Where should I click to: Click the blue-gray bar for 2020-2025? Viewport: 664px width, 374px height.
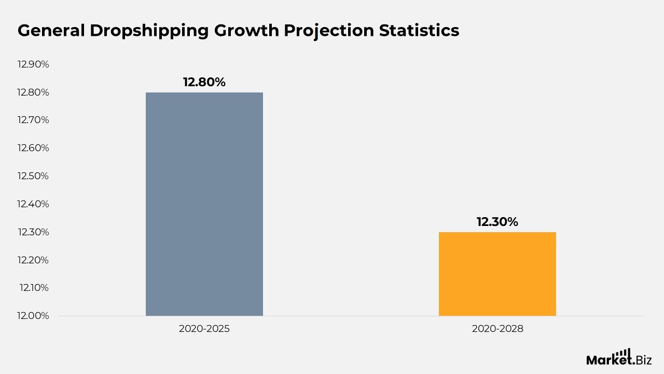[x=204, y=204]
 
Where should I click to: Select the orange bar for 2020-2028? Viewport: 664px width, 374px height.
[x=497, y=274]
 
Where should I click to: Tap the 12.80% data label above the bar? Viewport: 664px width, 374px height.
[x=204, y=82]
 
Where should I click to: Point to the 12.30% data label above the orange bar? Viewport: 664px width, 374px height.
[x=497, y=222]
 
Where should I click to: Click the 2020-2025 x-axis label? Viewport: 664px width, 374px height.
[x=204, y=329]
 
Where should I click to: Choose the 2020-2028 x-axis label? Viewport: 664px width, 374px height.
[x=497, y=329]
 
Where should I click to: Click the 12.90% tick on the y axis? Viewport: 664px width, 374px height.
[x=33, y=64]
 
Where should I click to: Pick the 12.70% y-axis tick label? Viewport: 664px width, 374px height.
[x=33, y=120]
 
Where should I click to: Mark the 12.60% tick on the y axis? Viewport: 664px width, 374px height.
[x=33, y=148]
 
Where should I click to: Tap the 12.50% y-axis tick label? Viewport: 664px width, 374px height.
[x=33, y=176]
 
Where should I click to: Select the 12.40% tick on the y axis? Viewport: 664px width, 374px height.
[x=33, y=204]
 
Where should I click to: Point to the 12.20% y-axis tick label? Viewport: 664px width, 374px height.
[x=33, y=260]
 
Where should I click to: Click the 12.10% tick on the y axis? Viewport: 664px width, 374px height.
[x=34, y=288]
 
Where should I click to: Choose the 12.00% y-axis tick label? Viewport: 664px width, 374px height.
[x=33, y=316]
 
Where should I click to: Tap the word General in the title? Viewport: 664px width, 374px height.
[x=51, y=31]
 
